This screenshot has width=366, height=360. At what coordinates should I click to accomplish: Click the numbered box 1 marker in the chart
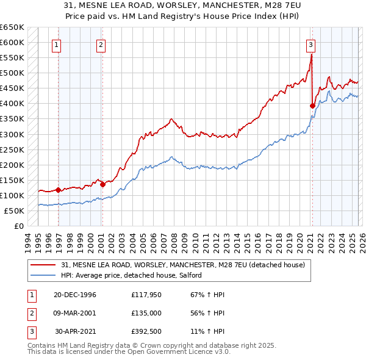[56, 44]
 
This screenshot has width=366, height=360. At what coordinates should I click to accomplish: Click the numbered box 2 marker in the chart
[100, 44]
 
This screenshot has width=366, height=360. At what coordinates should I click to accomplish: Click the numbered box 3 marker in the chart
[310, 44]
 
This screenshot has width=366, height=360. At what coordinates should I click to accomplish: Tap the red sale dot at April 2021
[312, 106]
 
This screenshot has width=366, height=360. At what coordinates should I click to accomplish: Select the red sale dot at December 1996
[59, 190]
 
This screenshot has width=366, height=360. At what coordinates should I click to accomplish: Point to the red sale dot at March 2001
[102, 184]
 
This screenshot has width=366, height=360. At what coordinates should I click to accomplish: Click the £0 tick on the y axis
[18, 226]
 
